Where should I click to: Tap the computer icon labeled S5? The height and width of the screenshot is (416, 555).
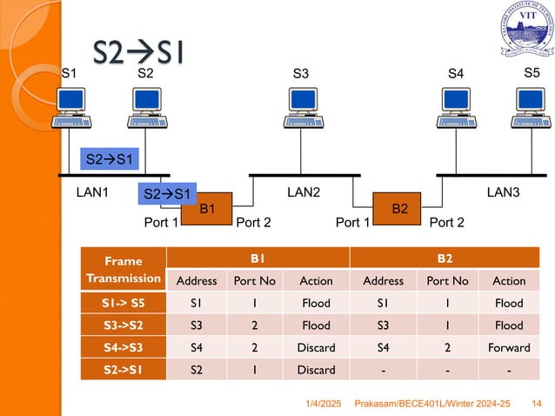[x=533, y=109]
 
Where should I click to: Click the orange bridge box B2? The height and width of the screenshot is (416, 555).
[x=400, y=209]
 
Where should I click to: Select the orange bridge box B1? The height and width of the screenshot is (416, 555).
[x=207, y=209]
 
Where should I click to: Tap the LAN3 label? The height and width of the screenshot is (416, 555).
[x=503, y=191]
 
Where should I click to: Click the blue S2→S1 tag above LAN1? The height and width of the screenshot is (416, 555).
[x=109, y=159]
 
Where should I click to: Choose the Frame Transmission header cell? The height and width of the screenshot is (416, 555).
[x=121, y=269]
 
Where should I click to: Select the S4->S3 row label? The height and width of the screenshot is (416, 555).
[x=121, y=348]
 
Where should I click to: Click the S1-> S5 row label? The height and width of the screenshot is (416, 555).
[x=121, y=303]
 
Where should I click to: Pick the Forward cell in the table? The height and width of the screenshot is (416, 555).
[x=509, y=348]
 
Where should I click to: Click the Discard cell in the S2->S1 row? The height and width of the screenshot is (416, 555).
[x=315, y=370]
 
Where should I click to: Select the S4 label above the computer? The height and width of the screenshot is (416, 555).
[x=456, y=75]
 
